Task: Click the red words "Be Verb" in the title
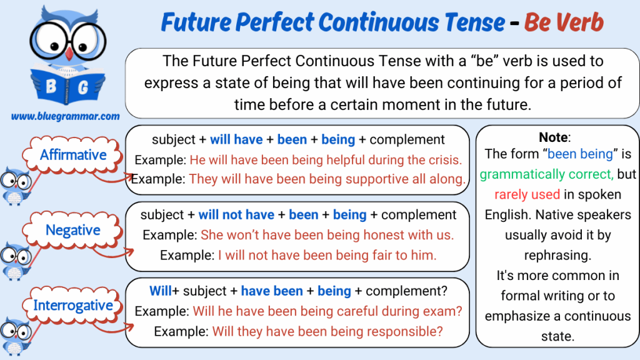[x=563, y=22]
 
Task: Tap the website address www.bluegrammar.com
[x=65, y=116]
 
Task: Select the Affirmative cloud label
[x=72, y=155]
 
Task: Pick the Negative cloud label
[x=72, y=230]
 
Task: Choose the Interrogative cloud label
[x=72, y=305]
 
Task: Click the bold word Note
[x=553, y=137]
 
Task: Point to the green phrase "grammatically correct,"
[x=546, y=174]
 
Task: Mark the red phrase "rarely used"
[x=527, y=195]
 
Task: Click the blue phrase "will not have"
[x=236, y=215]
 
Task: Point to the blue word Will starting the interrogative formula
[x=161, y=291]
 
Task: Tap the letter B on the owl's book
[x=51, y=86]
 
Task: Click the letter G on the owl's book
[x=83, y=87]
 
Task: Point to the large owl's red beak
[x=69, y=54]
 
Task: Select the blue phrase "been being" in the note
[x=580, y=154]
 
